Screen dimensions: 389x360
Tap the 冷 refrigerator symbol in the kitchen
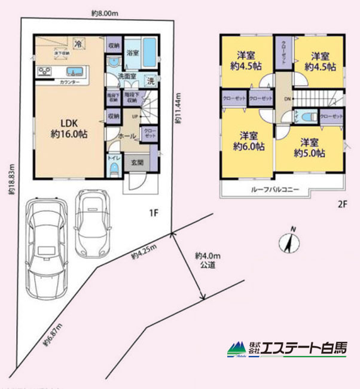[x=78, y=43]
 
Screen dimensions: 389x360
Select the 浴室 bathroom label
[x=132, y=53]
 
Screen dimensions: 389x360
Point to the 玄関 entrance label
[x=137, y=161]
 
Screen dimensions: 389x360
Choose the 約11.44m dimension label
[x=178, y=108]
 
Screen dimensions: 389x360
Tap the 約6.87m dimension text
[x=53, y=336]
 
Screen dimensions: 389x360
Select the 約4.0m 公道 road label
[x=208, y=259]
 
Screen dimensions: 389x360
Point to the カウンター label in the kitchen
[x=71, y=81]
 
